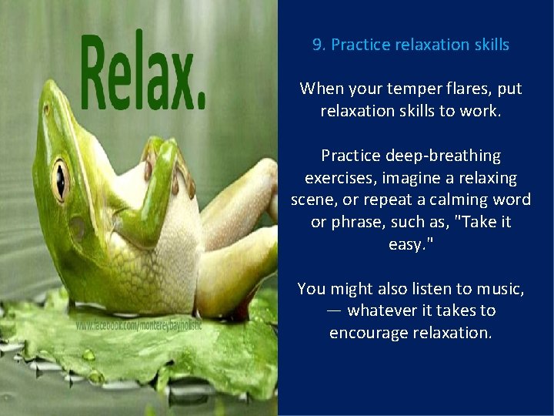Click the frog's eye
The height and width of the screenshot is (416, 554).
60,180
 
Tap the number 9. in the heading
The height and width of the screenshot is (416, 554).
319,45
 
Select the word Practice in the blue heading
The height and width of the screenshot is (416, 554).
360,45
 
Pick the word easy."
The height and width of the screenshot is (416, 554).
410,245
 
